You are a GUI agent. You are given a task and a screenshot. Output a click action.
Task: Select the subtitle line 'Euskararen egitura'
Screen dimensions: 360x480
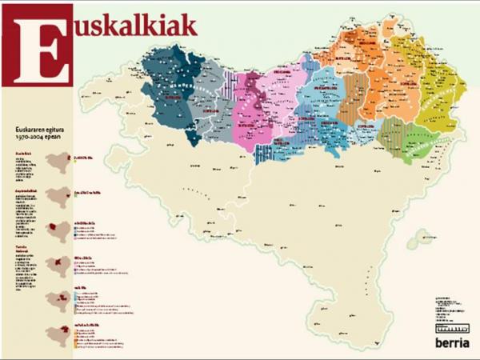(x=42, y=128)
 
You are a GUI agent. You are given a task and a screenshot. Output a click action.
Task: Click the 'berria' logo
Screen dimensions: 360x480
(x=451, y=343)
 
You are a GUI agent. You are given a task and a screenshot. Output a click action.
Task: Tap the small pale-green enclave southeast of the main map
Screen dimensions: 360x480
(x=418, y=238)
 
